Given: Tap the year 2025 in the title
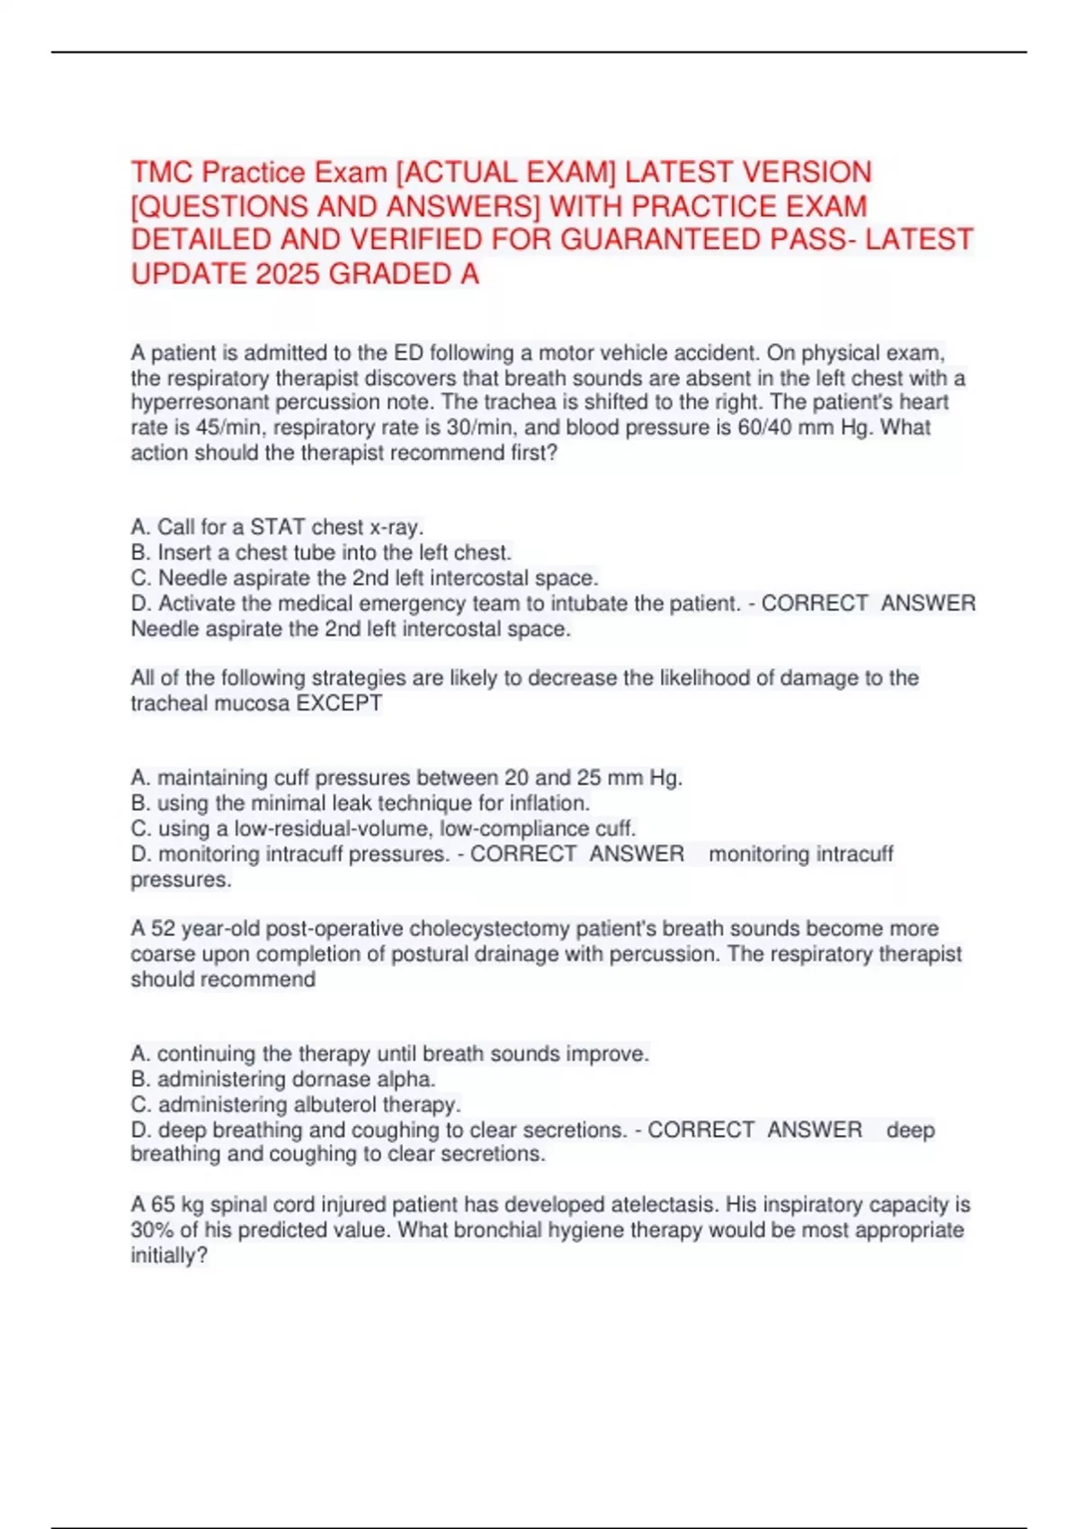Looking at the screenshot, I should point(289,273).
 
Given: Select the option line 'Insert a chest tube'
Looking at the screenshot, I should point(321,552).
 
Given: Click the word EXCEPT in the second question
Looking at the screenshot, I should point(339,703).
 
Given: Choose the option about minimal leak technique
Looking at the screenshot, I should point(361,803).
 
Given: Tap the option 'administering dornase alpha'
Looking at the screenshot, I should point(283,1079).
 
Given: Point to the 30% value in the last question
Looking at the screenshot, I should point(151,1229).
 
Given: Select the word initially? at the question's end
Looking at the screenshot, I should point(169,1255).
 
